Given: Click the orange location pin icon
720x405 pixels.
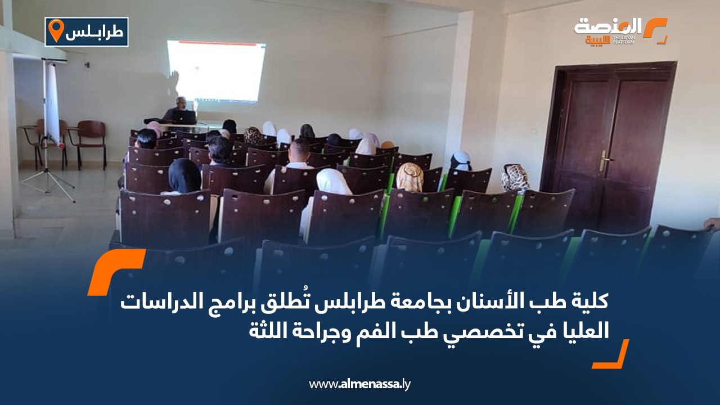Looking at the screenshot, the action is coord(56,30).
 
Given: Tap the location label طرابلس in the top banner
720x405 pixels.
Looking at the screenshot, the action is coord(94,32).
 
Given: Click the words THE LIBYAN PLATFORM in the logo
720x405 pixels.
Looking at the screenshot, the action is coord(624,40).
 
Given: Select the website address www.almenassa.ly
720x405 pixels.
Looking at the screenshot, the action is coord(359,384).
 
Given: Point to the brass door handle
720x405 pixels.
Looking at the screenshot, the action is coord(604,160).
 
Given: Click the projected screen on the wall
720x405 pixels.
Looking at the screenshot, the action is coord(217,71).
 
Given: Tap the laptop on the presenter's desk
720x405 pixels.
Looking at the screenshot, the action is coord(184,118).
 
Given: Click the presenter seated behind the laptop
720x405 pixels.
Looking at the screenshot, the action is coord(176,109).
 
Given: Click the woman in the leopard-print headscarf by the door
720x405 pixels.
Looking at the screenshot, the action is coord(515,178).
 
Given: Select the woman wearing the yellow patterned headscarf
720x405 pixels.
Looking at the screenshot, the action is coord(410,177).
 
